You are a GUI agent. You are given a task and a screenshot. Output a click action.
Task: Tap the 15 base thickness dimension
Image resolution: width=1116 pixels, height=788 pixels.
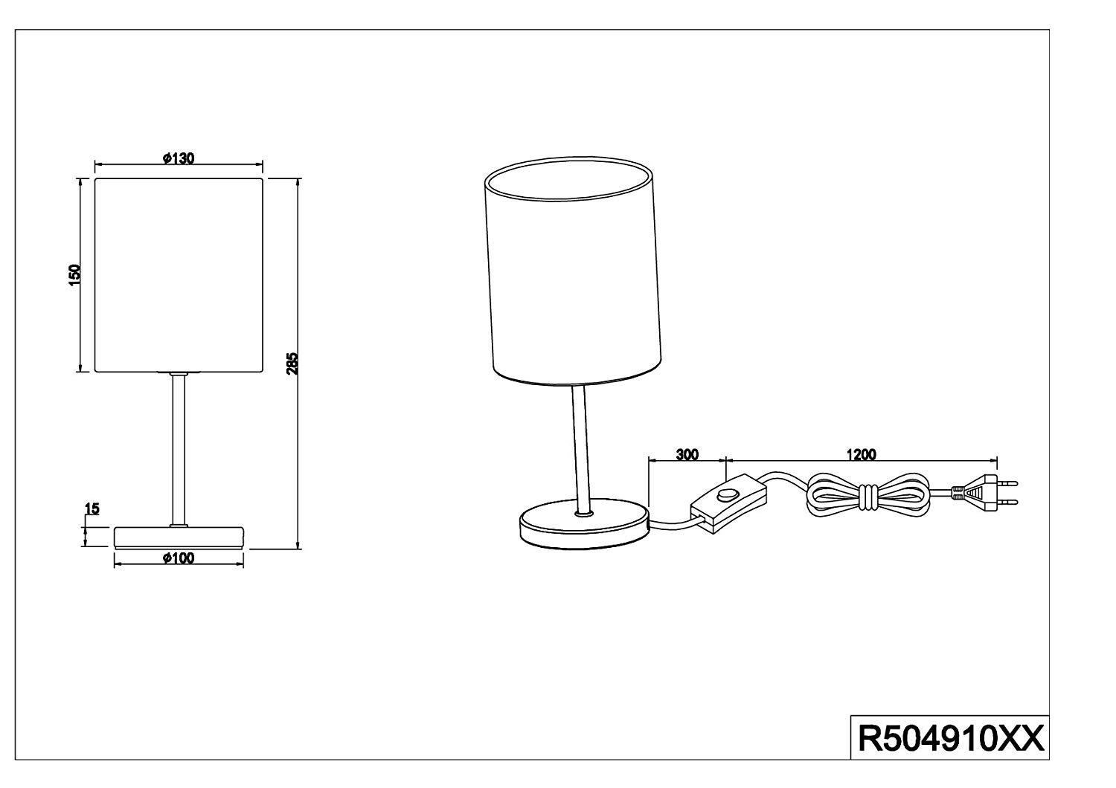[92, 509]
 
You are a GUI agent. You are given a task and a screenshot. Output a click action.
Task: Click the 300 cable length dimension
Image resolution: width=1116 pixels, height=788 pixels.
[687, 455]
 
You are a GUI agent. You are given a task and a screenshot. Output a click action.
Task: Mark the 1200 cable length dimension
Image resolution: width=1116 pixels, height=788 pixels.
[861, 455]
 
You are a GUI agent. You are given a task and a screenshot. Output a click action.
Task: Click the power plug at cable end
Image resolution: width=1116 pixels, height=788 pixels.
[982, 492]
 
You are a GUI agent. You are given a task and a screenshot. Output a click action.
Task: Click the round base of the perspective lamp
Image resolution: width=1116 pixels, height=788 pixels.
[585, 529]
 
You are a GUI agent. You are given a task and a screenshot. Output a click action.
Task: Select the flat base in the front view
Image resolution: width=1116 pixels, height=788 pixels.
[179, 536]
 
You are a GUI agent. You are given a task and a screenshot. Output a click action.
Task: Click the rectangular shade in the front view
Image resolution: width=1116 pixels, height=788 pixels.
[179, 275]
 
